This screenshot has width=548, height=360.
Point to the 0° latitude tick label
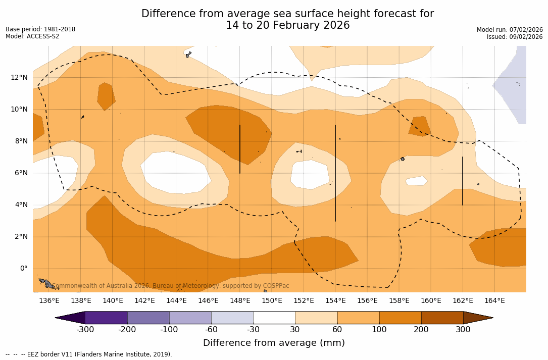point(23,268)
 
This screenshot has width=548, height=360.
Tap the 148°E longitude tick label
point(240,300)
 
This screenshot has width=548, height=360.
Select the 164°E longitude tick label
point(494,300)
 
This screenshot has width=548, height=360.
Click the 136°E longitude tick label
point(49,300)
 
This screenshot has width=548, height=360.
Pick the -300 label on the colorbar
point(85,330)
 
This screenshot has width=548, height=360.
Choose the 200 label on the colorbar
point(421,330)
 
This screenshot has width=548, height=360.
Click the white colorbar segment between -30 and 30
point(274,318)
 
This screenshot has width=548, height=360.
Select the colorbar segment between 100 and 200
point(400,318)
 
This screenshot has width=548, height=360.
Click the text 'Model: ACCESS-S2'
point(32,36)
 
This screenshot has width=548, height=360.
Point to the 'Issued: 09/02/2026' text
point(515,37)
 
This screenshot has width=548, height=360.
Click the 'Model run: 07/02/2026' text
point(510,30)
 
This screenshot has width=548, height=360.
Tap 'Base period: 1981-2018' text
point(40,29)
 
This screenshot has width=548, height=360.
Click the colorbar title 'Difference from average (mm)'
point(274,343)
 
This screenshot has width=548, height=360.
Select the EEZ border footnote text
point(89,354)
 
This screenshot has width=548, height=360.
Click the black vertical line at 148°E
point(240,149)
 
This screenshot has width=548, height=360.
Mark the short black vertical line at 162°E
point(463,181)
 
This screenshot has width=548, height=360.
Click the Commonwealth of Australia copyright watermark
point(171,286)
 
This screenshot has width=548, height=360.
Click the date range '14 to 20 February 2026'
point(287,25)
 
